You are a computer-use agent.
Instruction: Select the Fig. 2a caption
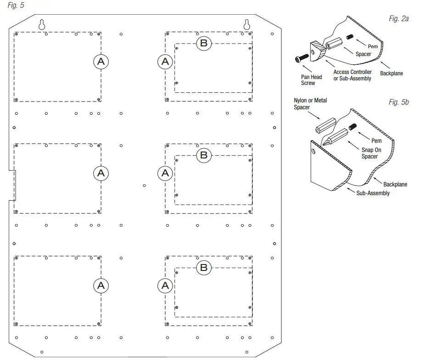398,19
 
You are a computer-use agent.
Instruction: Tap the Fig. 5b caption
398,102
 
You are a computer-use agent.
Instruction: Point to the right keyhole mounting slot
247,25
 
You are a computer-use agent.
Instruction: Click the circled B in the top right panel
204,44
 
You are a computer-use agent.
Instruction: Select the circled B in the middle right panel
204,155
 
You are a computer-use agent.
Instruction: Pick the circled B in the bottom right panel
204,268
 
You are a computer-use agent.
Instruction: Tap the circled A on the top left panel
101,61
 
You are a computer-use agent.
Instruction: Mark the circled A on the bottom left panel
101,286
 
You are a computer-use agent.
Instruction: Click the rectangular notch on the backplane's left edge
13,186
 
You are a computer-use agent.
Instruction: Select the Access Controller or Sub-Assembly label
352,75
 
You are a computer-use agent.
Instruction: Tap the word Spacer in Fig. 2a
363,54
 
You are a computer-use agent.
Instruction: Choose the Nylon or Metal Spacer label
310,104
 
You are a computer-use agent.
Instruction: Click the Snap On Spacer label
369,153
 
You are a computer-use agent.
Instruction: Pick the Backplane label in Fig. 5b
395,184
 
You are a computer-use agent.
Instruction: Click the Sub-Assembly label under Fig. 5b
373,193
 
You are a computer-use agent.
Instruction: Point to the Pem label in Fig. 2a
373,46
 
